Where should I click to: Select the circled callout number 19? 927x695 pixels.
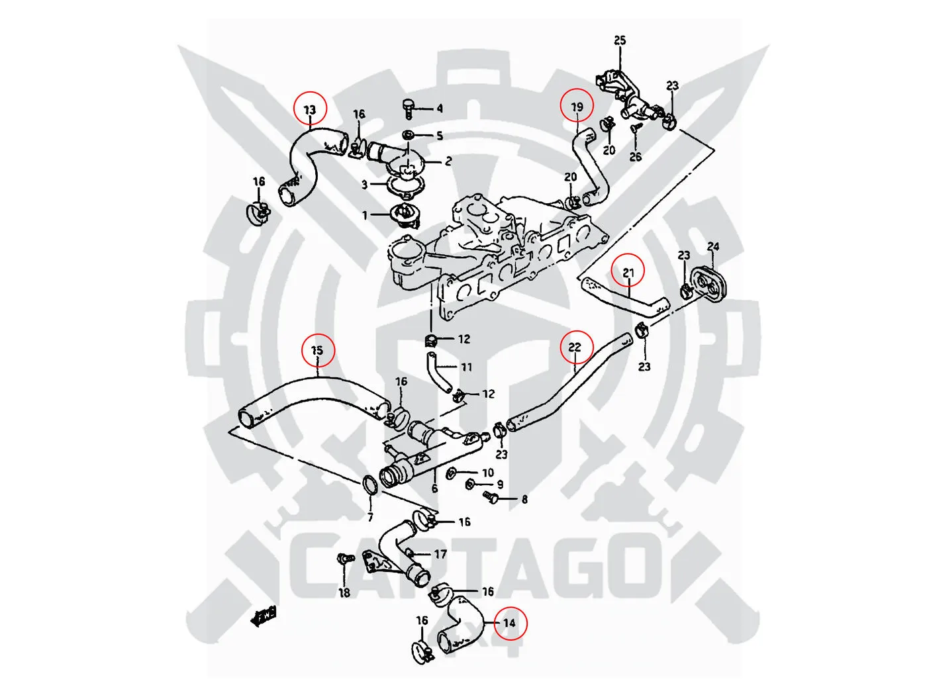[x=577, y=106]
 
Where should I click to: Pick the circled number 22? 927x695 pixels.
[x=574, y=347]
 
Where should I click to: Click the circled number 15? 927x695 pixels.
[x=317, y=349]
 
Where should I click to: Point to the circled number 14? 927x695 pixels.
[x=509, y=622]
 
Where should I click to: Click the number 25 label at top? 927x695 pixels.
[x=619, y=40]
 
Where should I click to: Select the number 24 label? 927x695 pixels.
[x=712, y=247]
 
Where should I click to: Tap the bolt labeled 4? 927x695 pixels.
[x=408, y=107]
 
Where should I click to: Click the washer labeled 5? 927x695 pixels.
[x=409, y=136]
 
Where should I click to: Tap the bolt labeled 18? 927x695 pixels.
[x=343, y=560]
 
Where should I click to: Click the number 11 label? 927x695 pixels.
[x=467, y=367]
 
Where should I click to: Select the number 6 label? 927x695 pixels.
[x=434, y=488]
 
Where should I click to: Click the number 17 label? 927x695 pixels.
[x=440, y=554]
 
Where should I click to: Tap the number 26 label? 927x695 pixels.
[x=635, y=157]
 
